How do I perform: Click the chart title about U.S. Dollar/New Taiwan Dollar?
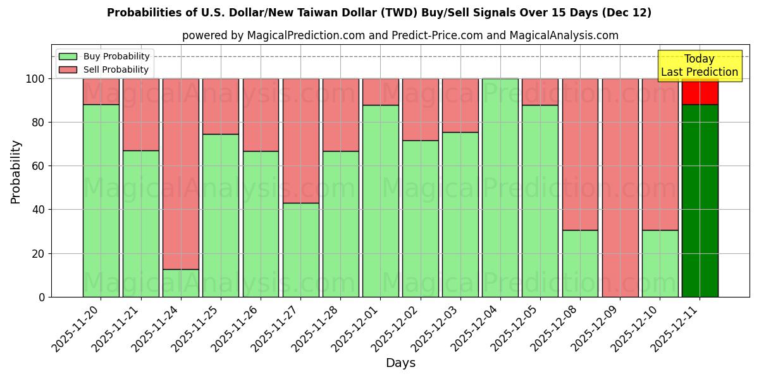[x=379, y=13]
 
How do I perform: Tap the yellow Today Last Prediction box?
[x=699, y=66]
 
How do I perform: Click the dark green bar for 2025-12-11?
[x=700, y=200]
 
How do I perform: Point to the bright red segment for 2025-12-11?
[x=700, y=92]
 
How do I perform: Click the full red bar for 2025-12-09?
[x=620, y=188]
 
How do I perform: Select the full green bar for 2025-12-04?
[x=500, y=188]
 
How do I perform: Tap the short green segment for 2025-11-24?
[x=181, y=283]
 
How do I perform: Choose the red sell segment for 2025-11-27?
[x=300, y=140]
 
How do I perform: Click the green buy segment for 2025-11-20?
[x=101, y=200]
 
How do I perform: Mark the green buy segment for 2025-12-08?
[x=580, y=263]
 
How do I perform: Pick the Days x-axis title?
[x=400, y=363]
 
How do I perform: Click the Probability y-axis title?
[x=16, y=172]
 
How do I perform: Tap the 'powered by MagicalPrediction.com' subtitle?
[x=400, y=35]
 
